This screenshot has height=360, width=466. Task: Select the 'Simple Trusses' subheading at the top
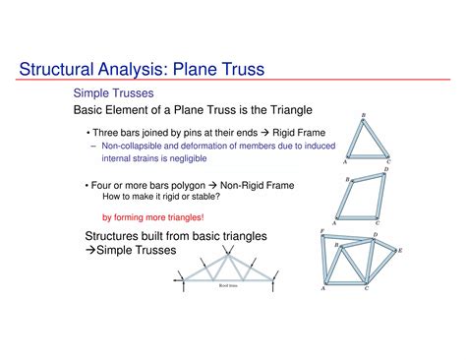(112, 91)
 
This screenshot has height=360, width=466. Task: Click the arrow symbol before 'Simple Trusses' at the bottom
(89, 251)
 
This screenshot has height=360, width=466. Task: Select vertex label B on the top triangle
(364, 114)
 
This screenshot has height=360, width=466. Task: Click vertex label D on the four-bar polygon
(385, 169)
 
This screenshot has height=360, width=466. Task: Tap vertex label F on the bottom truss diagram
(323, 232)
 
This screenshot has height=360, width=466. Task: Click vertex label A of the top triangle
(345, 161)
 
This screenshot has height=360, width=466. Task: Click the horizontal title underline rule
(233, 82)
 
